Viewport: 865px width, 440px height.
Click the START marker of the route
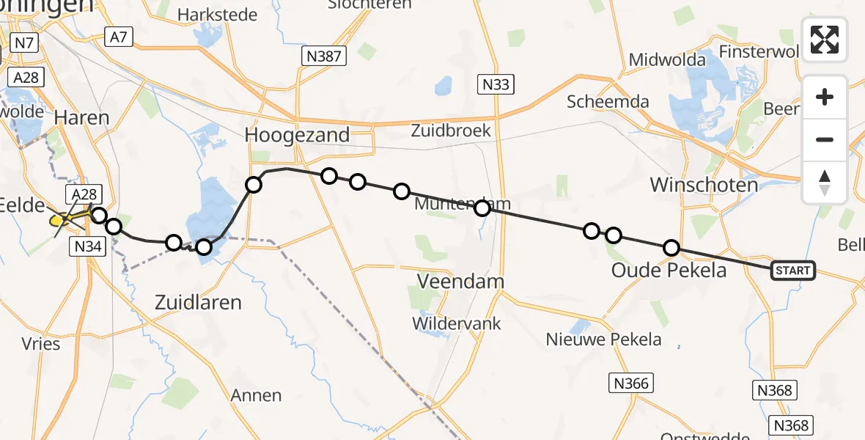click(793, 271)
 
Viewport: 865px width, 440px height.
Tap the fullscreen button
click(825, 40)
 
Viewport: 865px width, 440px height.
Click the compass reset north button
click(825, 182)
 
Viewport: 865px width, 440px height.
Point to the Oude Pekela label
click(669, 271)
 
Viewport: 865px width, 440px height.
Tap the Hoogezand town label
click(298, 136)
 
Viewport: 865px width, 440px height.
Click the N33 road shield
click(496, 84)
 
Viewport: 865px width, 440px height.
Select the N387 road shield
click(324, 56)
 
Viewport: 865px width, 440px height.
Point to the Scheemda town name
click(608, 102)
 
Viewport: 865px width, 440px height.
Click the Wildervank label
click(457, 323)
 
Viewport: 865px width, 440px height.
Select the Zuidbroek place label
click(451, 131)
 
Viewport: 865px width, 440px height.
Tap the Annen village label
click(256, 395)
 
